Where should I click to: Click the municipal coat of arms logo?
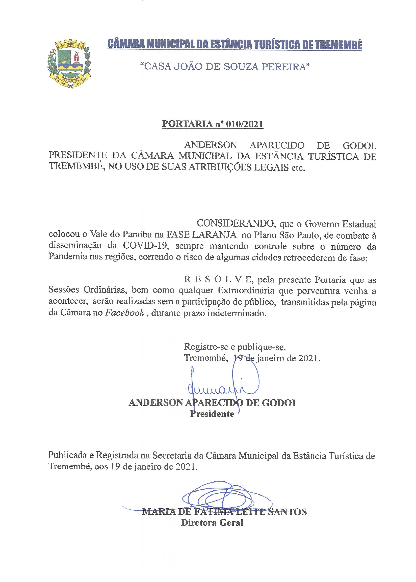coord(69,64)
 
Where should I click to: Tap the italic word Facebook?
coord(125,313)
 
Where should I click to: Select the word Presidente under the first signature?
coord(212,414)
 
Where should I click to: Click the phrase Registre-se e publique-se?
coord(235,347)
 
